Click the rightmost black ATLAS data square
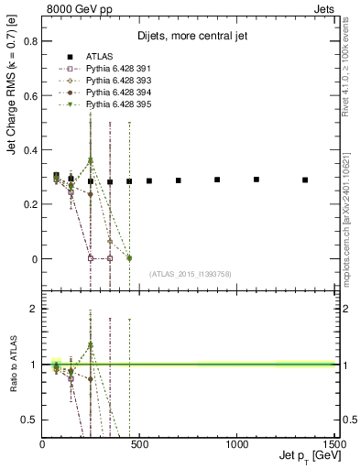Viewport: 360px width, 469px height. [x=305, y=180]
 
